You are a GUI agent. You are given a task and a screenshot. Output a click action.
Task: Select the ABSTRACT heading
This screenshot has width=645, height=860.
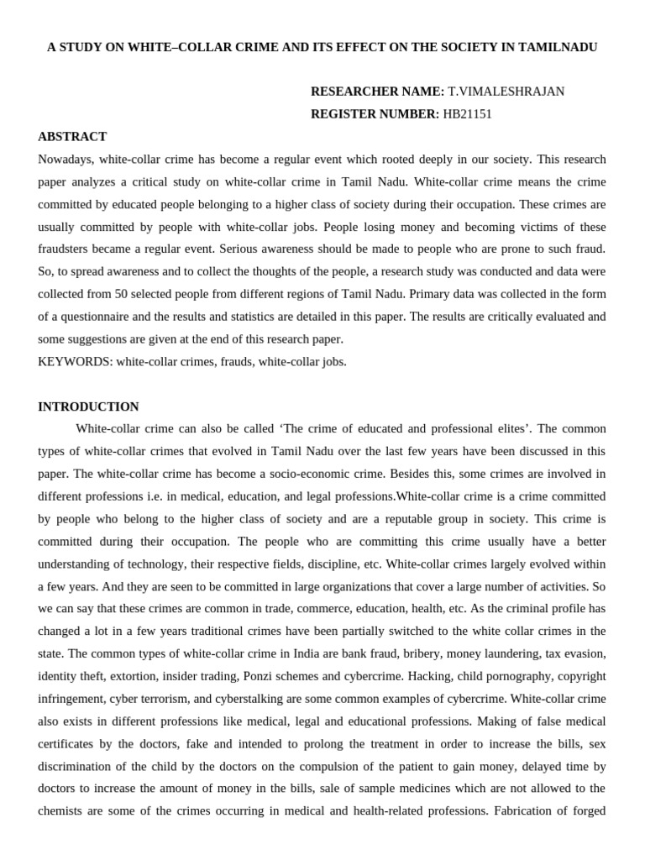pos(72,137)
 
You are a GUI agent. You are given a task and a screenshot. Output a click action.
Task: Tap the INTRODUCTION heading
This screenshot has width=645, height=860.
pos(88,406)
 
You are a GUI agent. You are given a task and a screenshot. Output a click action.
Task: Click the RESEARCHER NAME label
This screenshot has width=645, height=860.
pos(377,92)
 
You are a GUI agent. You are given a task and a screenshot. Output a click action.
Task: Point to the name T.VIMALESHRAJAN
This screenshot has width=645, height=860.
pos(506,92)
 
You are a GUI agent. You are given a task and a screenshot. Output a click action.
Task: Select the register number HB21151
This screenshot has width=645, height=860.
pos(467,114)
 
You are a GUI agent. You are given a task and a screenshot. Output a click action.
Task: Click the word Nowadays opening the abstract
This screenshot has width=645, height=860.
pos(66,160)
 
